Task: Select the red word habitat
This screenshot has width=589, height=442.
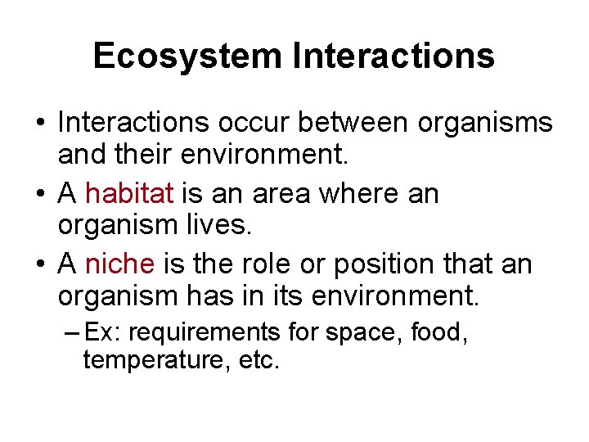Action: (x=129, y=194)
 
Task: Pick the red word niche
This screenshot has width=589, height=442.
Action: (x=119, y=264)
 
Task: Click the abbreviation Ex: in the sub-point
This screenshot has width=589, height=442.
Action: (x=104, y=332)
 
